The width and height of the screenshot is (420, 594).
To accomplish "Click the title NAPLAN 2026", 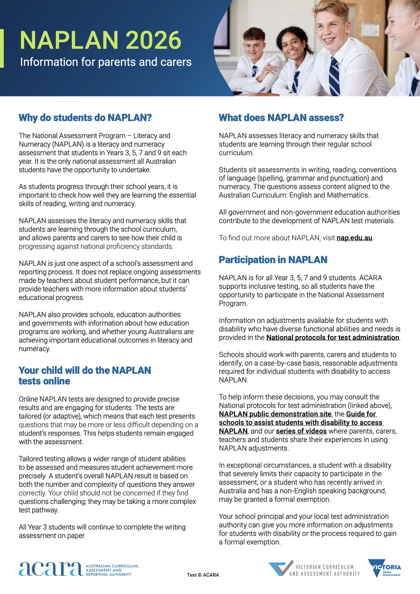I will click(x=100, y=41).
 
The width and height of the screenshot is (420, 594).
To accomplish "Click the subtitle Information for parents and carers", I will click(x=105, y=62).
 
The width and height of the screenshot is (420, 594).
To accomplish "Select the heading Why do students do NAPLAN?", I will click(x=85, y=118).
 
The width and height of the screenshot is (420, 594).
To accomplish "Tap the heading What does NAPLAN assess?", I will click(x=281, y=118).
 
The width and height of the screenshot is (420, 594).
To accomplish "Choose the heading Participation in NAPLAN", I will click(x=273, y=260).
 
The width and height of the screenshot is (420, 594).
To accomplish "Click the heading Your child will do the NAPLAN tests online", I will click(x=85, y=376).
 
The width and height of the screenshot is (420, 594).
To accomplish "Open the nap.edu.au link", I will click(x=354, y=238).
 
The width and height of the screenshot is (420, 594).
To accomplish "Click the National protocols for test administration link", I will click(x=332, y=338).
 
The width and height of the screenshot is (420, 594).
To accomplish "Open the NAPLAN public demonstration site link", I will click(x=275, y=414).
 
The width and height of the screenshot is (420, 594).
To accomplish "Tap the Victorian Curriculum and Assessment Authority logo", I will click(x=314, y=569).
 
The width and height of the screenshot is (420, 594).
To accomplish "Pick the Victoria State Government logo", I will click(x=384, y=568).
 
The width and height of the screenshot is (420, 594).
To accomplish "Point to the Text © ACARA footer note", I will click(x=203, y=575).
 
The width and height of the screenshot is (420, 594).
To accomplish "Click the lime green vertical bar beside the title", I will click(x=2, y=48).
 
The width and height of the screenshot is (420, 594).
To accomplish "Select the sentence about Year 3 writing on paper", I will click(x=102, y=531).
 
